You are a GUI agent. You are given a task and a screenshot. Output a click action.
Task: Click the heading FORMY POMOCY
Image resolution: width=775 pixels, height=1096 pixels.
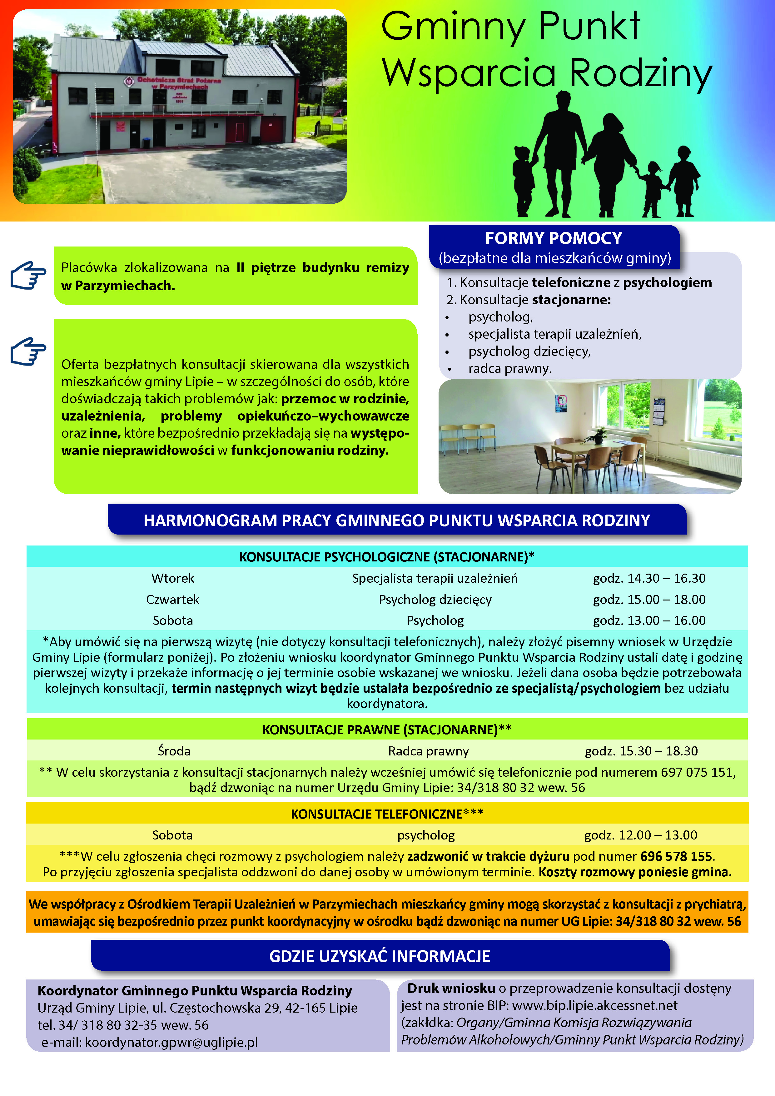(553, 238)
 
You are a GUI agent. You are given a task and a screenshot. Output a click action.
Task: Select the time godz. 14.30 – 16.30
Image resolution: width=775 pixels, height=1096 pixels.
(649, 578)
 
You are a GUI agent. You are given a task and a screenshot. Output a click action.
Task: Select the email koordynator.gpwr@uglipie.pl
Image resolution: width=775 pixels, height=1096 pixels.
(171, 1042)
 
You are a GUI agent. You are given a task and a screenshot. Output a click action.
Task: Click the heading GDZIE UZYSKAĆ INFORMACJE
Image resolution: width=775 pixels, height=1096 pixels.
(380, 956)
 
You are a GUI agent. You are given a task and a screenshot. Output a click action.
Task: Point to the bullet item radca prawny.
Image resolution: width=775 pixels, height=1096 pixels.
(510, 369)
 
